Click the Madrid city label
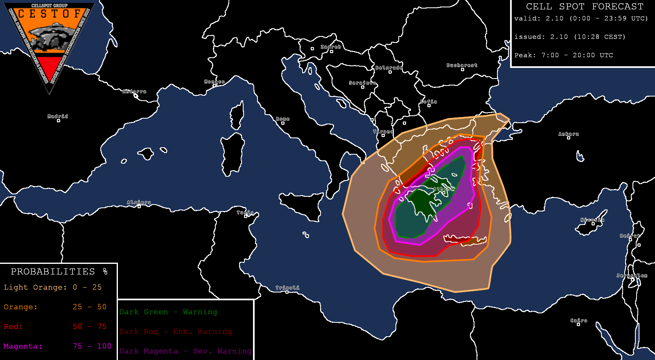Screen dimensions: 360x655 click(x=58, y=117)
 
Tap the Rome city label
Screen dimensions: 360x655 click(x=282, y=119)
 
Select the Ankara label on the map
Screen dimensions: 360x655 click(x=569, y=134)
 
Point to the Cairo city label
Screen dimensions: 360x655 click(x=579, y=321)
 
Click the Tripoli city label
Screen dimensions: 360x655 click(x=287, y=288)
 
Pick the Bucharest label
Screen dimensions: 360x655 click(x=462, y=65)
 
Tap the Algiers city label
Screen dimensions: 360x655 click(x=139, y=202)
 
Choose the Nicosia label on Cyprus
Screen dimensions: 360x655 click(x=592, y=220)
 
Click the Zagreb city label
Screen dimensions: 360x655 click(x=331, y=47)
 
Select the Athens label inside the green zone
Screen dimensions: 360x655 click(x=444, y=189)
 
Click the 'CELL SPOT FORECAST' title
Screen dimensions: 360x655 click(x=585, y=7)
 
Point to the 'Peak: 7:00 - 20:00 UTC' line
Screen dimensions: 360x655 click(x=564, y=55)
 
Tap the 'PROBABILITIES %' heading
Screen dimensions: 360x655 click(x=59, y=272)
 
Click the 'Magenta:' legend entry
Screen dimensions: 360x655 click(x=23, y=346)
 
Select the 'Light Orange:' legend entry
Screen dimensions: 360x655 click(x=35, y=287)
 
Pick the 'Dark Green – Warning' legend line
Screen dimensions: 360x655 click(x=168, y=312)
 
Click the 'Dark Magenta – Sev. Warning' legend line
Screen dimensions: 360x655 click(x=185, y=351)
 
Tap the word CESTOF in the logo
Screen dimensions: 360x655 click(x=50, y=14)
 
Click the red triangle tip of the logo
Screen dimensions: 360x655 click(x=50, y=76)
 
